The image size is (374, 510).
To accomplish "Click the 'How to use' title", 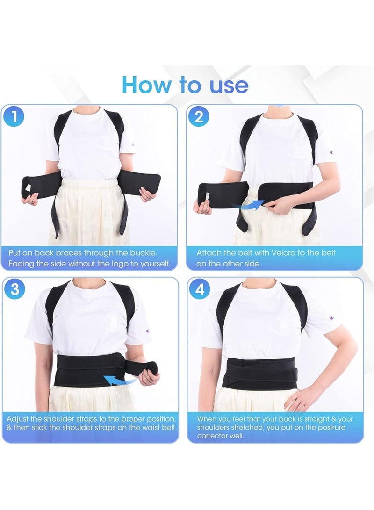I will [185, 85].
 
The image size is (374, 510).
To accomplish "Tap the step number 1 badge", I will [14, 117].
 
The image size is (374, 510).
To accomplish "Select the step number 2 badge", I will [199, 117].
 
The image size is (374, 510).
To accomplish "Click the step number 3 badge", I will [14, 289].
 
